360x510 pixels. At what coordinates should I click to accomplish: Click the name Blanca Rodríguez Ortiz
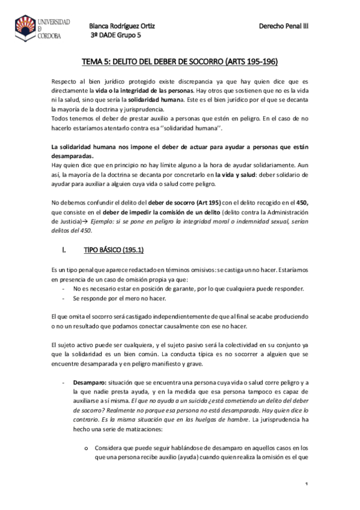pos(123,26)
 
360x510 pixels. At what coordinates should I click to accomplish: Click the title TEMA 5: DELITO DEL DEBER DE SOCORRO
pos(180,62)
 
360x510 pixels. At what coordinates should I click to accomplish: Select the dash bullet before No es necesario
pos(64,289)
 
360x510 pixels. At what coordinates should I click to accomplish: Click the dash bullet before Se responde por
pos(64,298)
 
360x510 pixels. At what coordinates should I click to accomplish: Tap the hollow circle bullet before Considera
pos(88,448)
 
